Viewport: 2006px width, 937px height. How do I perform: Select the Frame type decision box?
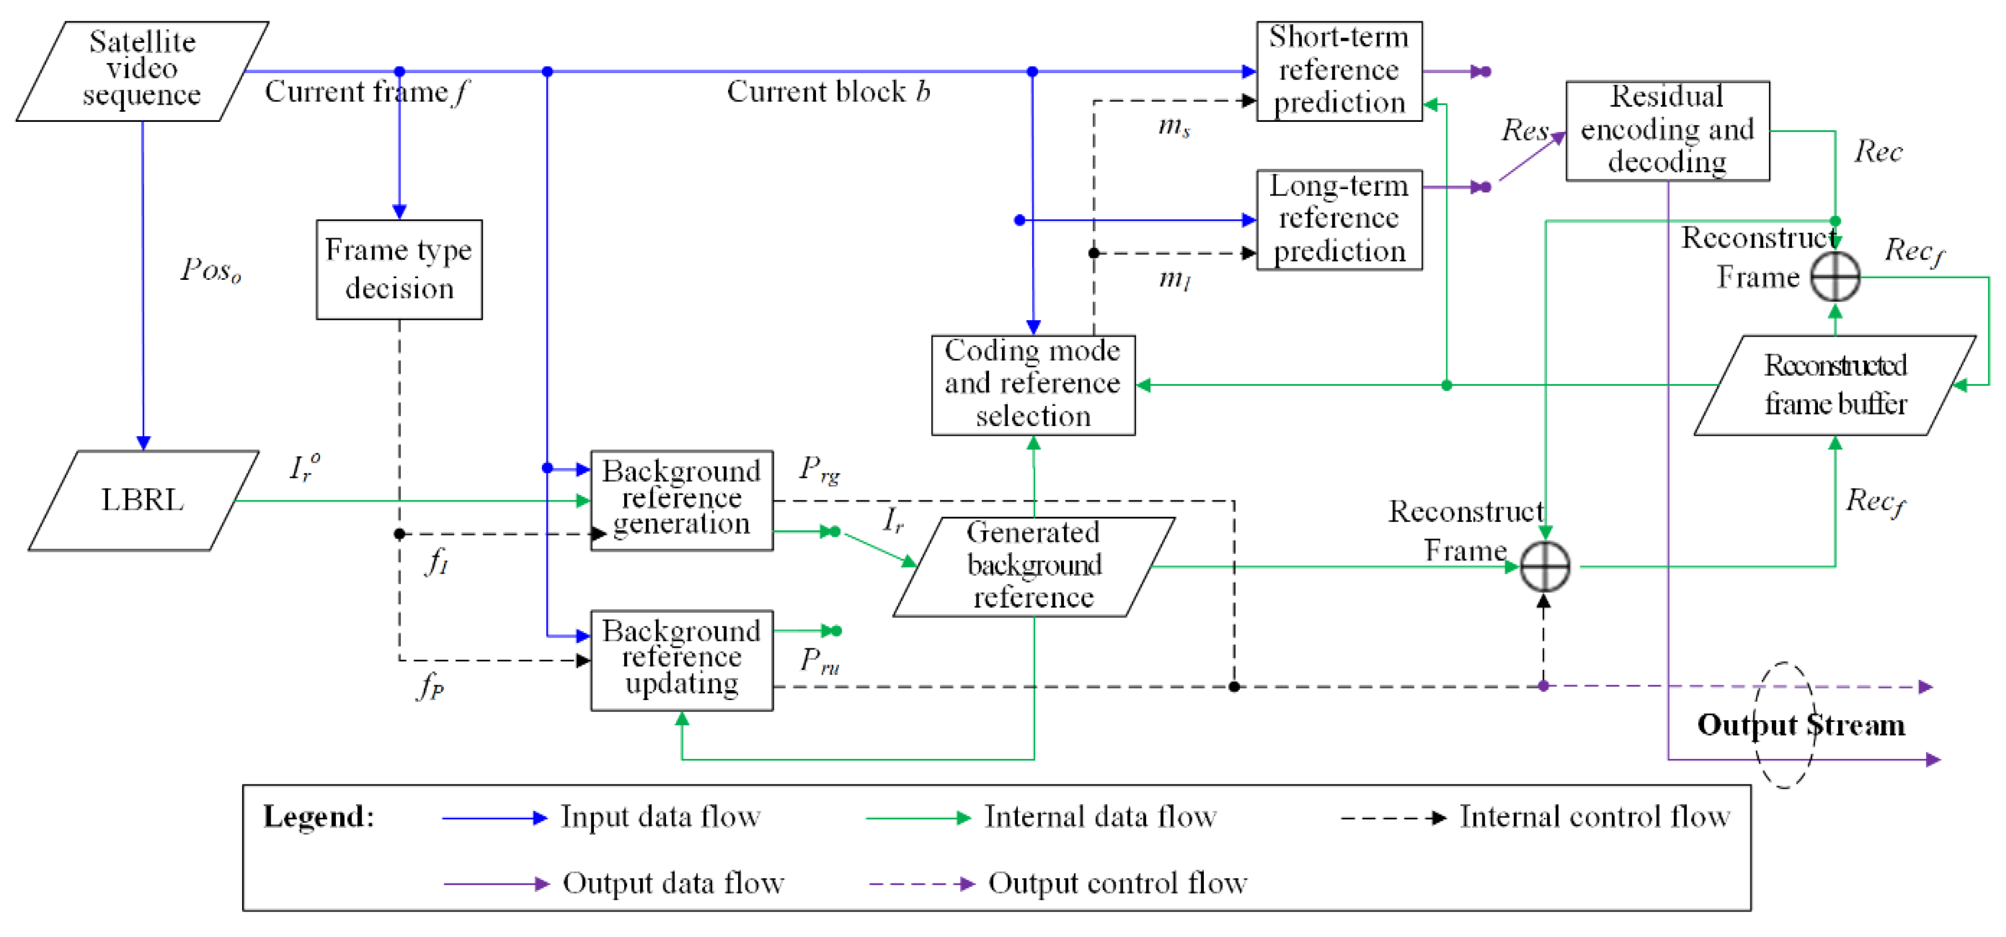(x=398, y=270)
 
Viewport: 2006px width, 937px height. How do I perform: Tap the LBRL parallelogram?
(x=143, y=500)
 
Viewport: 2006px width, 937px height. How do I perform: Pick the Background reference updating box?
(x=681, y=659)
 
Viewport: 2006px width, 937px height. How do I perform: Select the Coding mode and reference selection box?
(x=1033, y=385)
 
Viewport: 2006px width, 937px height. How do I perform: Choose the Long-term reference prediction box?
(x=1338, y=219)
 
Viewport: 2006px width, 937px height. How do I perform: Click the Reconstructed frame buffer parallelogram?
(x=1835, y=385)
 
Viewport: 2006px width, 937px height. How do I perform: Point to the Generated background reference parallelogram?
(x=1033, y=566)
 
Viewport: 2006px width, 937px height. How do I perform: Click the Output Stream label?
(x=1800, y=724)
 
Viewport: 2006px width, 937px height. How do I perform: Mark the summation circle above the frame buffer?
(x=1835, y=277)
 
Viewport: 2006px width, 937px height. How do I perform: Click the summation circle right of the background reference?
(x=1544, y=566)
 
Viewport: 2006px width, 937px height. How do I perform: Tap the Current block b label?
(x=828, y=92)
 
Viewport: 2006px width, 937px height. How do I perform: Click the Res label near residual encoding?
(x=1524, y=130)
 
